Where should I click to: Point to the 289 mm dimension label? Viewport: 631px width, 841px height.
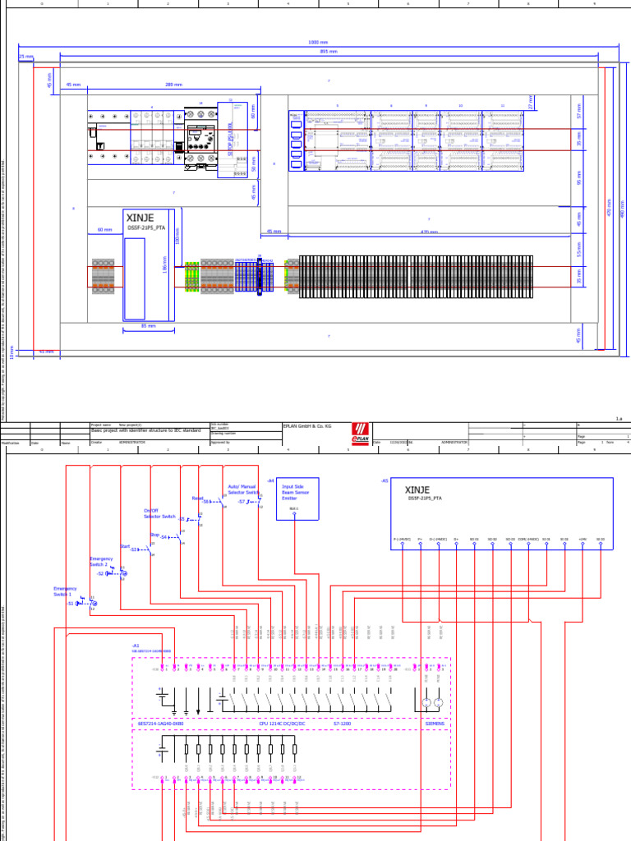coord(173,84)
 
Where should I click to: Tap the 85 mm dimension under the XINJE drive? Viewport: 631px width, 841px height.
coord(149,326)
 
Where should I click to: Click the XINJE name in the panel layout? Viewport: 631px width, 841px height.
coord(140,218)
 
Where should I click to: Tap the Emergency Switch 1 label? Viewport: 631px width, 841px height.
coord(65,591)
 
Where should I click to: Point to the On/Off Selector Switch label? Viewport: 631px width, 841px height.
coord(159,513)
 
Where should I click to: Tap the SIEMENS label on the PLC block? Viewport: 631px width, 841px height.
coord(434,724)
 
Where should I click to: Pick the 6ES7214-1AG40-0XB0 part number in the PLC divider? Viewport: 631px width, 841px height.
coord(160,724)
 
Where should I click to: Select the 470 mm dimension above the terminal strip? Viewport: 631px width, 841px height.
coord(429,232)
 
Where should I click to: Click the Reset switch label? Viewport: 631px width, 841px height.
coord(197,498)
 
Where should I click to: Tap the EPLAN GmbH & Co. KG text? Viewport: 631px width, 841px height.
coord(306,426)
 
